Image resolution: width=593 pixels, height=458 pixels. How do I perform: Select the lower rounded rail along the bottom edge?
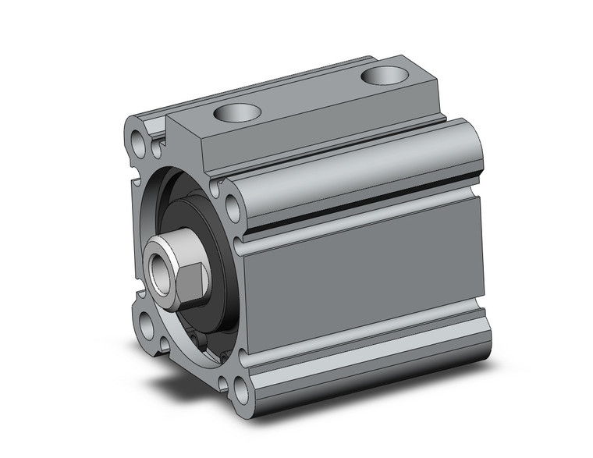coord(367,355)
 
